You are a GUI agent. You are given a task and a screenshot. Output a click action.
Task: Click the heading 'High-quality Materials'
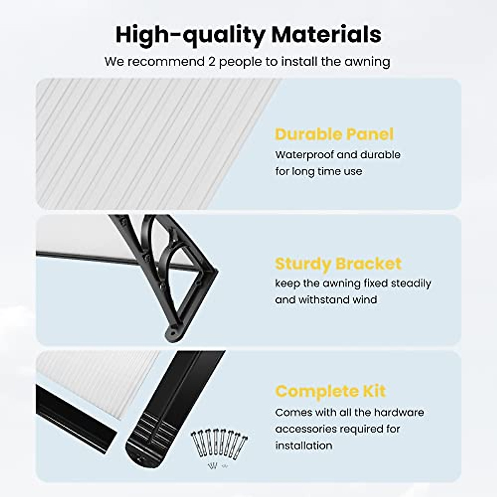[x=248, y=34]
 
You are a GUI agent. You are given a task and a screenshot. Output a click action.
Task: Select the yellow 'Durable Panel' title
[x=334, y=134]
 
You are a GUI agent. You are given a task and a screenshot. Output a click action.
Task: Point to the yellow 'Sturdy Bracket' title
[x=338, y=264]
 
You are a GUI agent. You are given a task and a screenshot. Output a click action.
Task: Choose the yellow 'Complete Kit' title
[x=330, y=391]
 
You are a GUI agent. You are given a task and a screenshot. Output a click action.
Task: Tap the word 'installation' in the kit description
[x=304, y=446]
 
